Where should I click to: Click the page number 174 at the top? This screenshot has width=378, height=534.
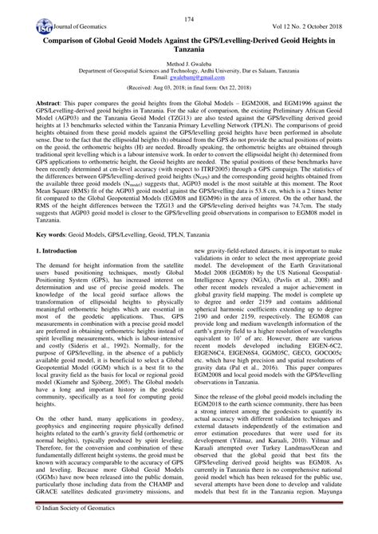coord(189,18)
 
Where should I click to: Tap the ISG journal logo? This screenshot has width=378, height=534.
coord(18,32)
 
